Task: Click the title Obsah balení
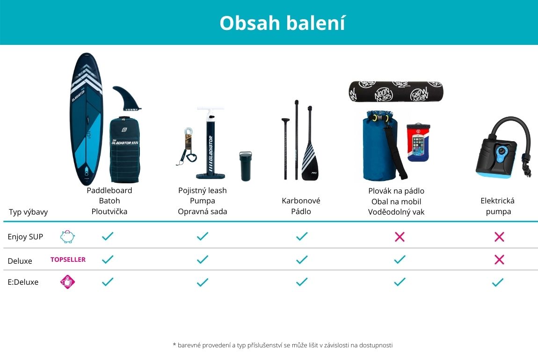pos(282,23)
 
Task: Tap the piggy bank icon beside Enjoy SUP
pos(67,237)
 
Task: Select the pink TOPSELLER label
pos(68,259)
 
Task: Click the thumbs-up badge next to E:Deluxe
pos(67,282)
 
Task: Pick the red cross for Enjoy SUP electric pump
pos(499,237)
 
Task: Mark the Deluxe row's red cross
pos(499,259)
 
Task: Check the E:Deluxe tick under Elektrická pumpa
pos(497,282)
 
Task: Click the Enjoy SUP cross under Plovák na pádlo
pos(400,237)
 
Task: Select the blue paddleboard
pos(86,119)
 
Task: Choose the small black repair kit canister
pos(245,166)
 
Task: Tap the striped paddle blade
pos(310,161)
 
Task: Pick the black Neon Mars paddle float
pos(396,92)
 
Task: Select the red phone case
pos(418,142)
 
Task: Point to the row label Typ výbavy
pos(29,212)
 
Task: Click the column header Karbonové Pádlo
pos(301,206)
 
